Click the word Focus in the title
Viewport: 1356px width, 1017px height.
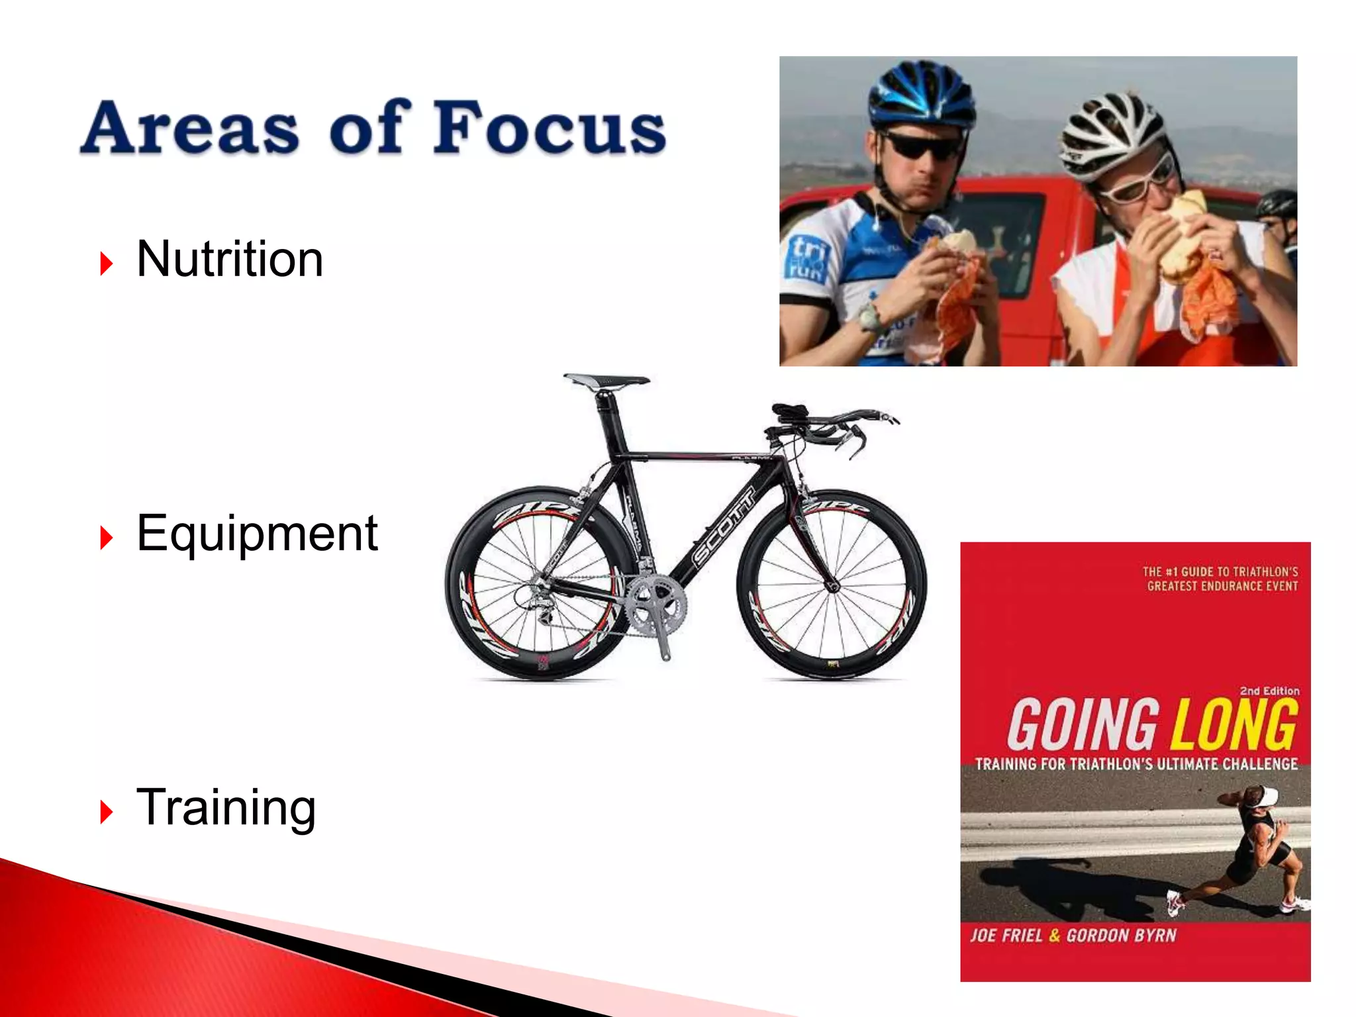(x=550, y=127)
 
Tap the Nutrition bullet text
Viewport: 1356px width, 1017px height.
(x=230, y=259)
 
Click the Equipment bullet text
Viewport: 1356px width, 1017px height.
(x=257, y=533)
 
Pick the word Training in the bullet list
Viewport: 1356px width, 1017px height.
(x=226, y=807)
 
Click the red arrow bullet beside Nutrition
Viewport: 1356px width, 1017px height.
(x=106, y=264)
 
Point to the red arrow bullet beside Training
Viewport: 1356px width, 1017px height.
(x=106, y=812)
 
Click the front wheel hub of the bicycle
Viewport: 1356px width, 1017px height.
(x=833, y=585)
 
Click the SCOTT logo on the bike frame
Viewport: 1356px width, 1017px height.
(x=723, y=526)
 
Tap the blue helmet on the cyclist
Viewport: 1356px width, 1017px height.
(x=920, y=96)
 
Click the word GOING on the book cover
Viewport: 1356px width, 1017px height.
(x=1083, y=724)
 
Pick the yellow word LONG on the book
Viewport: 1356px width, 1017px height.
(x=1233, y=724)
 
